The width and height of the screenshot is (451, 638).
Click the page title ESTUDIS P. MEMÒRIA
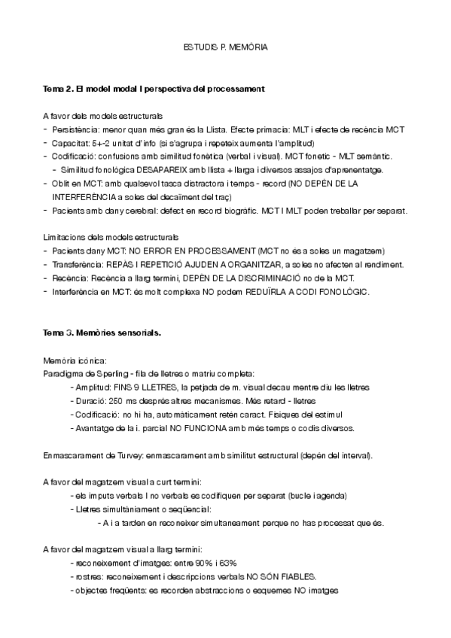[x=225, y=47]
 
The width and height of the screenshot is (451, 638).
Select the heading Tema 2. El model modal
[x=154, y=90]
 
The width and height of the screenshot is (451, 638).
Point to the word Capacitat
[x=71, y=143]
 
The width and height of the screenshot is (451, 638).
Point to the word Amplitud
[x=92, y=387]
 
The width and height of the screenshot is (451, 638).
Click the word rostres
[x=84, y=577]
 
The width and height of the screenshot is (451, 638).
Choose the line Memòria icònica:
[x=75, y=360]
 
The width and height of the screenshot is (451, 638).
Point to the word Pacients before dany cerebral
[x=69, y=211]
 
